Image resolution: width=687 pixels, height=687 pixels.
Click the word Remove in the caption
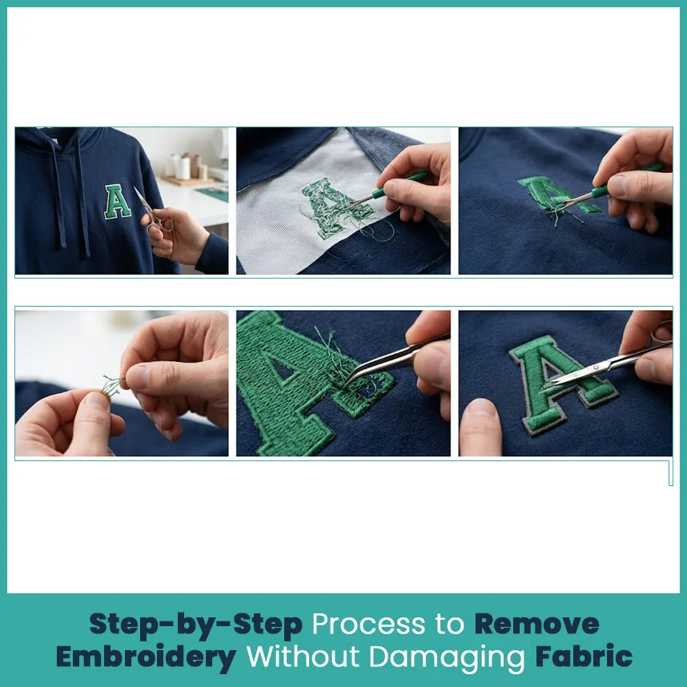point(536,624)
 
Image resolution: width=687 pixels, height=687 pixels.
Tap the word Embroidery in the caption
point(146,657)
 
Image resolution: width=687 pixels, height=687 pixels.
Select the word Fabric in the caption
point(584,657)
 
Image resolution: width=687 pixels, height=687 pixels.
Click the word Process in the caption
point(368,624)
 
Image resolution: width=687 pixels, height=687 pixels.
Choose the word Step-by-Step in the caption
point(196,625)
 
